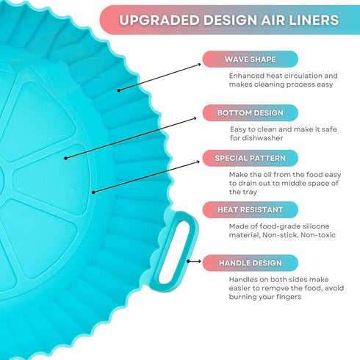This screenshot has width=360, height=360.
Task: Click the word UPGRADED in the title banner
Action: pos(159,20)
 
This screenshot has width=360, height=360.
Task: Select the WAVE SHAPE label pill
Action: pos(250,60)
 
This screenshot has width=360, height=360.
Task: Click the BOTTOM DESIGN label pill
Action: pos(250,113)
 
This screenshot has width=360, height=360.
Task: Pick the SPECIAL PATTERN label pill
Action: pos(250,158)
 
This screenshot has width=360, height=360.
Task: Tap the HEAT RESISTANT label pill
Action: pos(250,210)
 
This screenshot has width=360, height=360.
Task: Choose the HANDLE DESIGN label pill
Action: pos(250,263)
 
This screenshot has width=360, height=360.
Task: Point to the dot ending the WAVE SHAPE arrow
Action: pos(119,90)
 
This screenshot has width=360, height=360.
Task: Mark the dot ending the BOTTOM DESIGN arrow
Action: pos(65,158)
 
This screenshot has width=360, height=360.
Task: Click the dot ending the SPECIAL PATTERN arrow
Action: pos(93,192)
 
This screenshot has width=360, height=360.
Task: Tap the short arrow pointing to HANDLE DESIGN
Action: pos(194,262)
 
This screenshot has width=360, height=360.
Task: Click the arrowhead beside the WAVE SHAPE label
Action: pos(199,65)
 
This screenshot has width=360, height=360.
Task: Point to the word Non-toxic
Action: pos(318,235)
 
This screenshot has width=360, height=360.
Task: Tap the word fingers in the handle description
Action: pos(288,297)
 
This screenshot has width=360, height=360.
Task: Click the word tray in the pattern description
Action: pos(250,192)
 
